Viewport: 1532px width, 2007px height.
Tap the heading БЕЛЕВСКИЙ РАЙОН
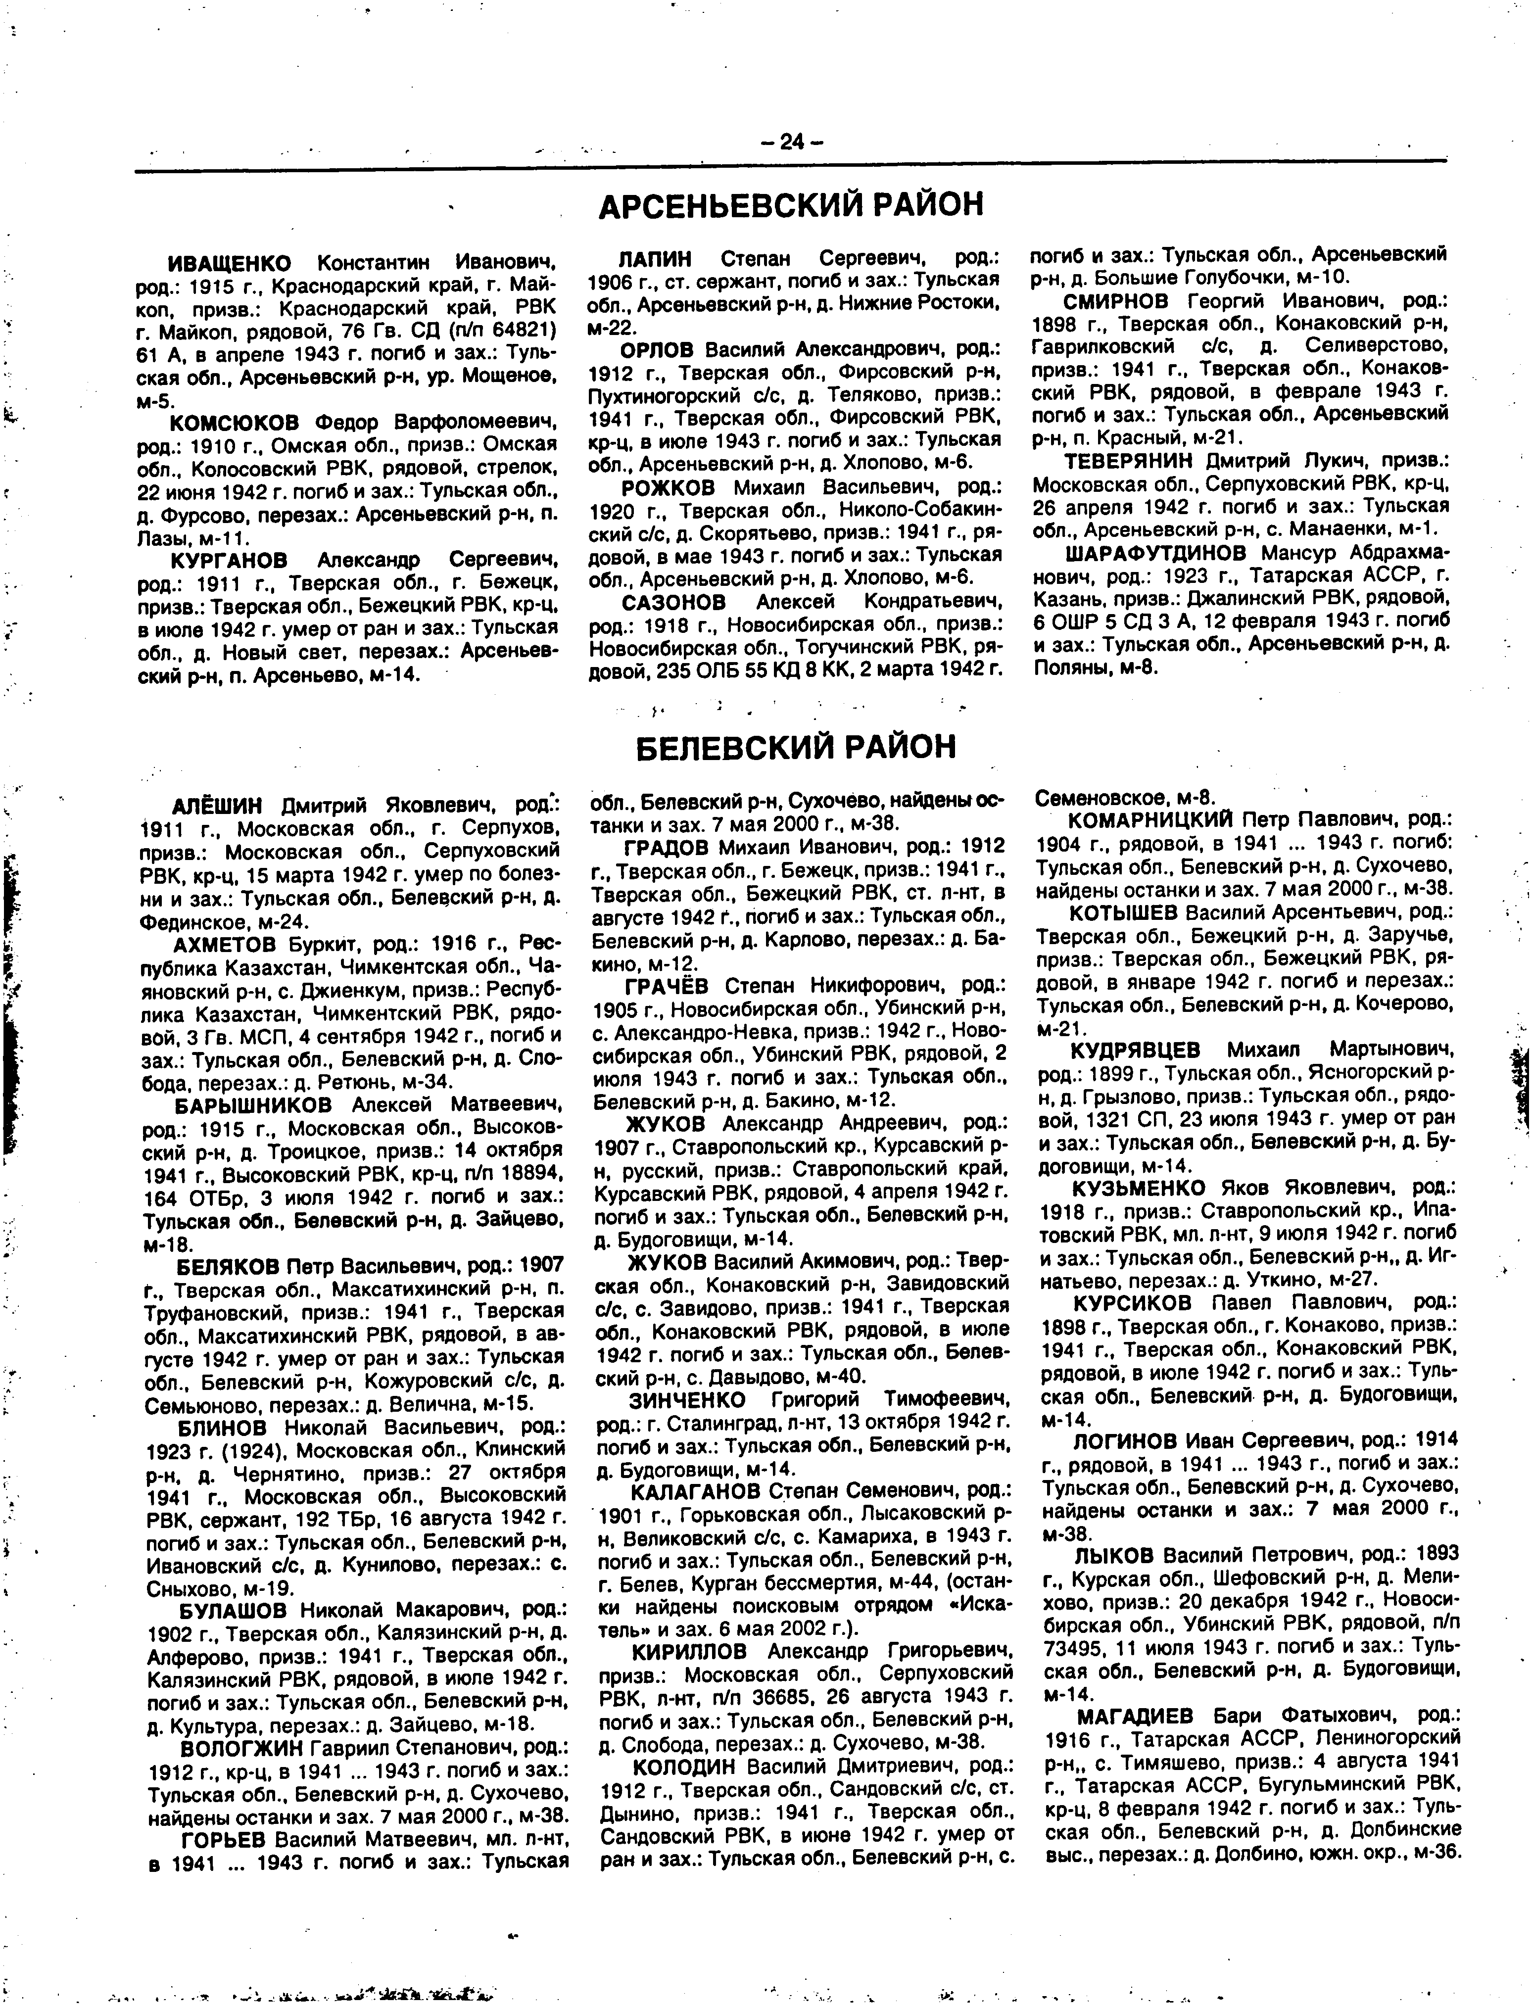pyautogui.click(x=794, y=747)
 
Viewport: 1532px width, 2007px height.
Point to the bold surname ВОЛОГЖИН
pyautogui.click(x=241, y=1748)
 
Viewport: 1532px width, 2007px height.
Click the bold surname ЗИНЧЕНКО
pyautogui.click(x=687, y=1400)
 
